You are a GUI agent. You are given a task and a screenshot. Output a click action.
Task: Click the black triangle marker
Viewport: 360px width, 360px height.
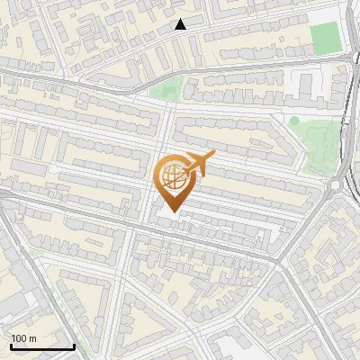[181, 24]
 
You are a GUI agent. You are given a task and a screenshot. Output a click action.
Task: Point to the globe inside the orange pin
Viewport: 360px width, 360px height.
[171, 177]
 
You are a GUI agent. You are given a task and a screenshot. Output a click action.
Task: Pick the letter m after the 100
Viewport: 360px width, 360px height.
[32, 339]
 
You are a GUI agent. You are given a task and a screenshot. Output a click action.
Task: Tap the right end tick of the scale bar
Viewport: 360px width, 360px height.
[74, 346]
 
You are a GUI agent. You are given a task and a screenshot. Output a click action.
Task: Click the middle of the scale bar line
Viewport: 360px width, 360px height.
[41, 348]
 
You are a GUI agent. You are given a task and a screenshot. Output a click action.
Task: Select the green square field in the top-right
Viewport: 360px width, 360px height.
[325, 39]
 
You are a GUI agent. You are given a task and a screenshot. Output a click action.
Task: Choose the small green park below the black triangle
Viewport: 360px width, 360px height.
[166, 89]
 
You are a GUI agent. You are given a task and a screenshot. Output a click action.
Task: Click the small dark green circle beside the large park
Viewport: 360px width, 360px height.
[294, 121]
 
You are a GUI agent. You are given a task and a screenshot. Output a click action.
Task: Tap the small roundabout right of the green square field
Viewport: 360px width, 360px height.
[351, 58]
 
